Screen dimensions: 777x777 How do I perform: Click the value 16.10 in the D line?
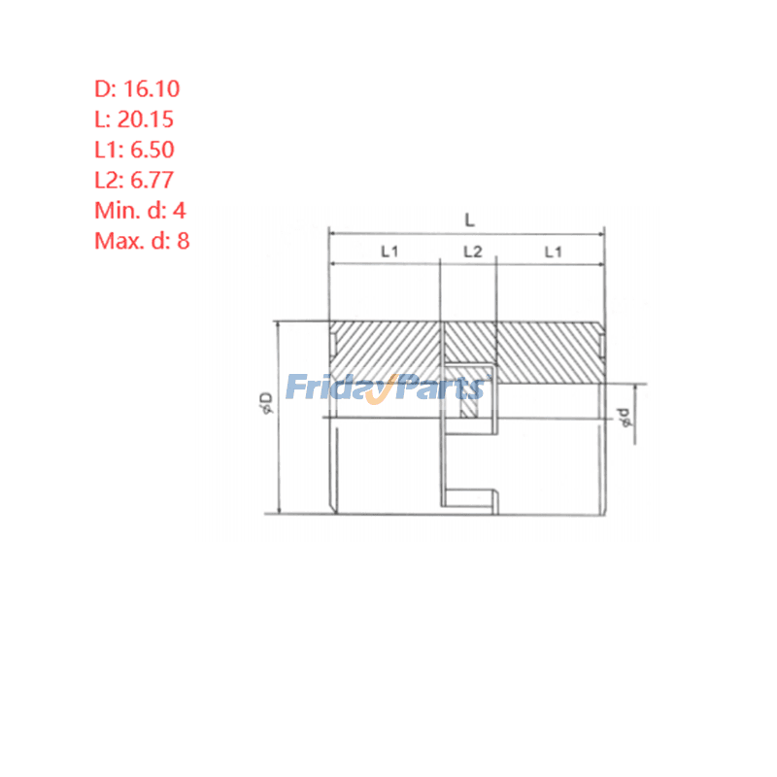point(151,89)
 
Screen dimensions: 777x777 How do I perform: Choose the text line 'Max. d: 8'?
point(142,241)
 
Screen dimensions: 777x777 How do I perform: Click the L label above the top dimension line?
point(469,221)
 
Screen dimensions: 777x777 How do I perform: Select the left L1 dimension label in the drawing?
point(389,252)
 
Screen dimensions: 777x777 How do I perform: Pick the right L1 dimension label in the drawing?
point(555,252)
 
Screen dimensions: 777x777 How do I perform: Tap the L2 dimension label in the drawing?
point(472,252)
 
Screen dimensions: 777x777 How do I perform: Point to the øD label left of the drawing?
point(265,402)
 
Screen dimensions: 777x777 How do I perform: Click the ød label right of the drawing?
point(625,417)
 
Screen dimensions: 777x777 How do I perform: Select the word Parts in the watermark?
point(441,388)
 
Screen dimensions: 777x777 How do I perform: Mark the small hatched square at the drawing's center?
point(470,408)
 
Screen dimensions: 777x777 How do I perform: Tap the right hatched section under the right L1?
point(549,352)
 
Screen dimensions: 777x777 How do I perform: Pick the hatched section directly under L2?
point(470,342)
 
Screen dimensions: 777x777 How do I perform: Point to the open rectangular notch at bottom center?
point(470,495)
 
